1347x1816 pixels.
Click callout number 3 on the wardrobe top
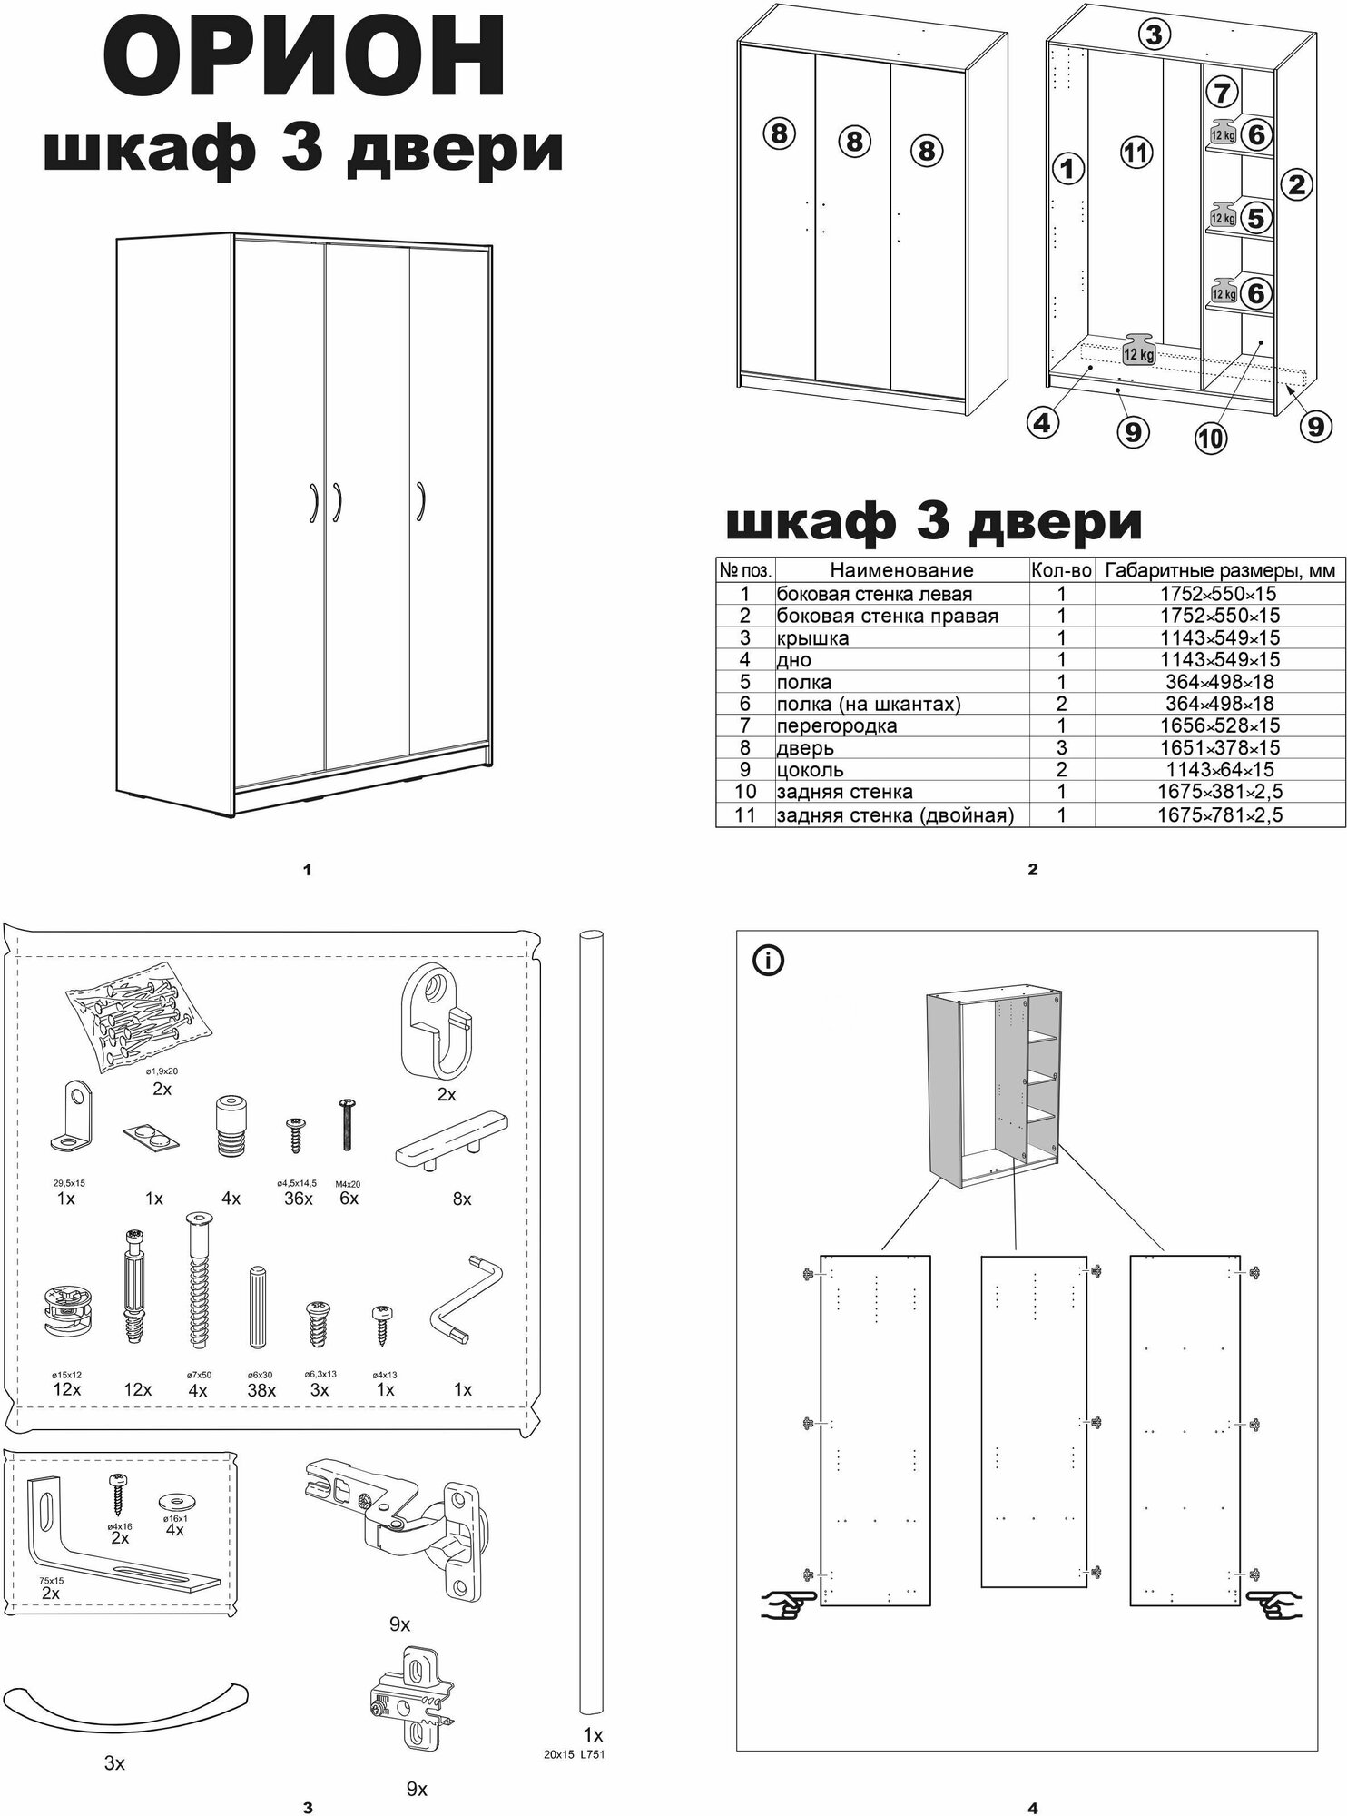click(1153, 35)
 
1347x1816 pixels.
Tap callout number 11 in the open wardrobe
click(1135, 153)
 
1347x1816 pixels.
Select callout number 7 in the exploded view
click(1223, 93)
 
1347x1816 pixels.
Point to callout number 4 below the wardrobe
click(1044, 422)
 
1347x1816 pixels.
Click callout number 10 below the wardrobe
click(1210, 439)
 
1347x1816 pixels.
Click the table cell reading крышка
click(812, 637)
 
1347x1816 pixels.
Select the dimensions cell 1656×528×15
click(1220, 725)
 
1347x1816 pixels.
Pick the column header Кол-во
click(1061, 570)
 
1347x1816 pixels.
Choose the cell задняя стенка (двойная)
click(894, 814)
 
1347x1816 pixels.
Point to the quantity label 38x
click(261, 1389)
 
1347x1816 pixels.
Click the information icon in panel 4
click(768, 961)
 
